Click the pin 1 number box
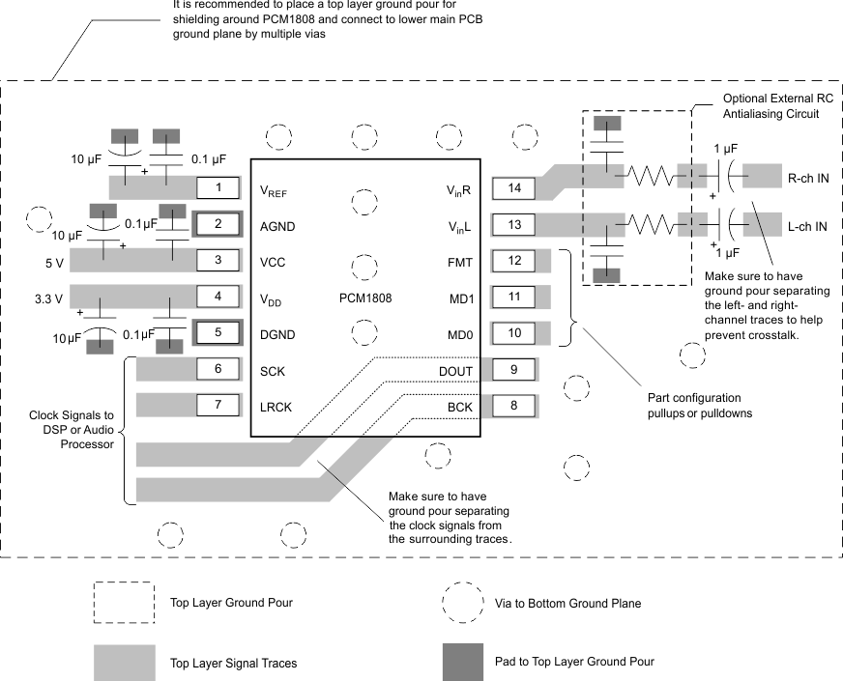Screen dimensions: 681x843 click(218, 187)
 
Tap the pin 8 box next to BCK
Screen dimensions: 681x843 click(514, 406)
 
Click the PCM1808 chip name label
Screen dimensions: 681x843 click(365, 298)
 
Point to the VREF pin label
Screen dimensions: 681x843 click(274, 191)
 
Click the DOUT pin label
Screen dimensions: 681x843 click(455, 371)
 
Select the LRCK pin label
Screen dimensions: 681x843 click(276, 407)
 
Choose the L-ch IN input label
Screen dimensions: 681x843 click(807, 227)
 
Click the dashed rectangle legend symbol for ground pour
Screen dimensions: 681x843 click(124, 602)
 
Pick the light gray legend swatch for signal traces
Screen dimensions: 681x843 click(124, 663)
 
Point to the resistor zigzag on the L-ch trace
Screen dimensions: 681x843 click(654, 224)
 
